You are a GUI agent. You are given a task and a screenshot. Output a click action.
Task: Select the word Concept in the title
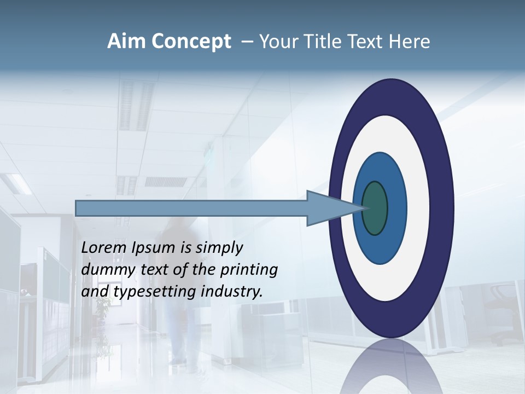click(x=191, y=42)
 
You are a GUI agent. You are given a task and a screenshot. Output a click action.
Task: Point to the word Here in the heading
click(x=410, y=42)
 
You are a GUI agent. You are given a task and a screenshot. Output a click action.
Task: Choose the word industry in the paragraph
click(x=232, y=292)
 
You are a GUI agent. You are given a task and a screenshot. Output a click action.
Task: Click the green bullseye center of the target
click(x=375, y=208)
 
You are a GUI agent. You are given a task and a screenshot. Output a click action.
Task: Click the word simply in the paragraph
click(x=219, y=248)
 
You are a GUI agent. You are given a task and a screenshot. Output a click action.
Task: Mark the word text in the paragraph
click(x=155, y=270)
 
